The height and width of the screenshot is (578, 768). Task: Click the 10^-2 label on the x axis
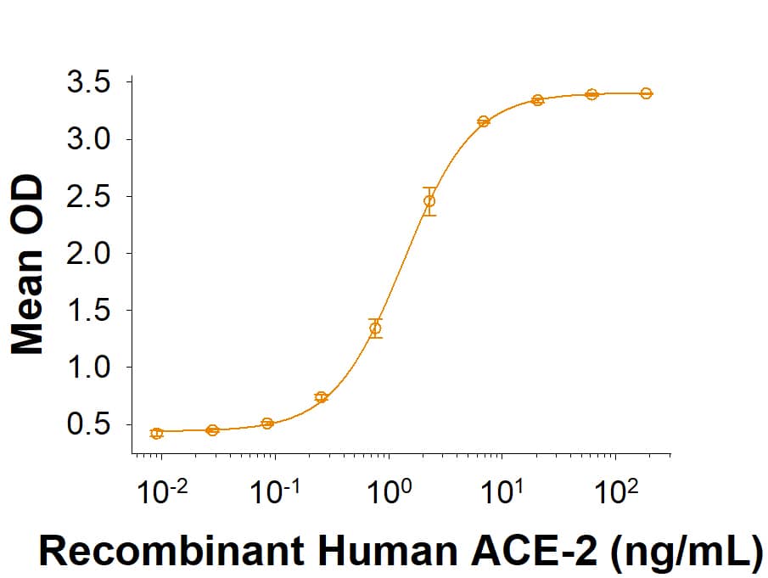click(160, 491)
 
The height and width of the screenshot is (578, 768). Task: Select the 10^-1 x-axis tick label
click(273, 491)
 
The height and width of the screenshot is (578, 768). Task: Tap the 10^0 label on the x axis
click(390, 491)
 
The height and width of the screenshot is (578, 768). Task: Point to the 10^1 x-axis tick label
click(502, 491)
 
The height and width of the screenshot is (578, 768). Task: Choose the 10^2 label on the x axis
click(616, 491)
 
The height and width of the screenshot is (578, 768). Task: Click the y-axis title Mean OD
click(28, 265)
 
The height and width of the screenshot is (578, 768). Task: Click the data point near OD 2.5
click(429, 201)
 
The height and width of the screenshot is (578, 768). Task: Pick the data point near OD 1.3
click(375, 328)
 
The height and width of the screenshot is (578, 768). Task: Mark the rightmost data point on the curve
click(646, 93)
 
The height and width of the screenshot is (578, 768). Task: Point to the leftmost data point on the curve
click(156, 434)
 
